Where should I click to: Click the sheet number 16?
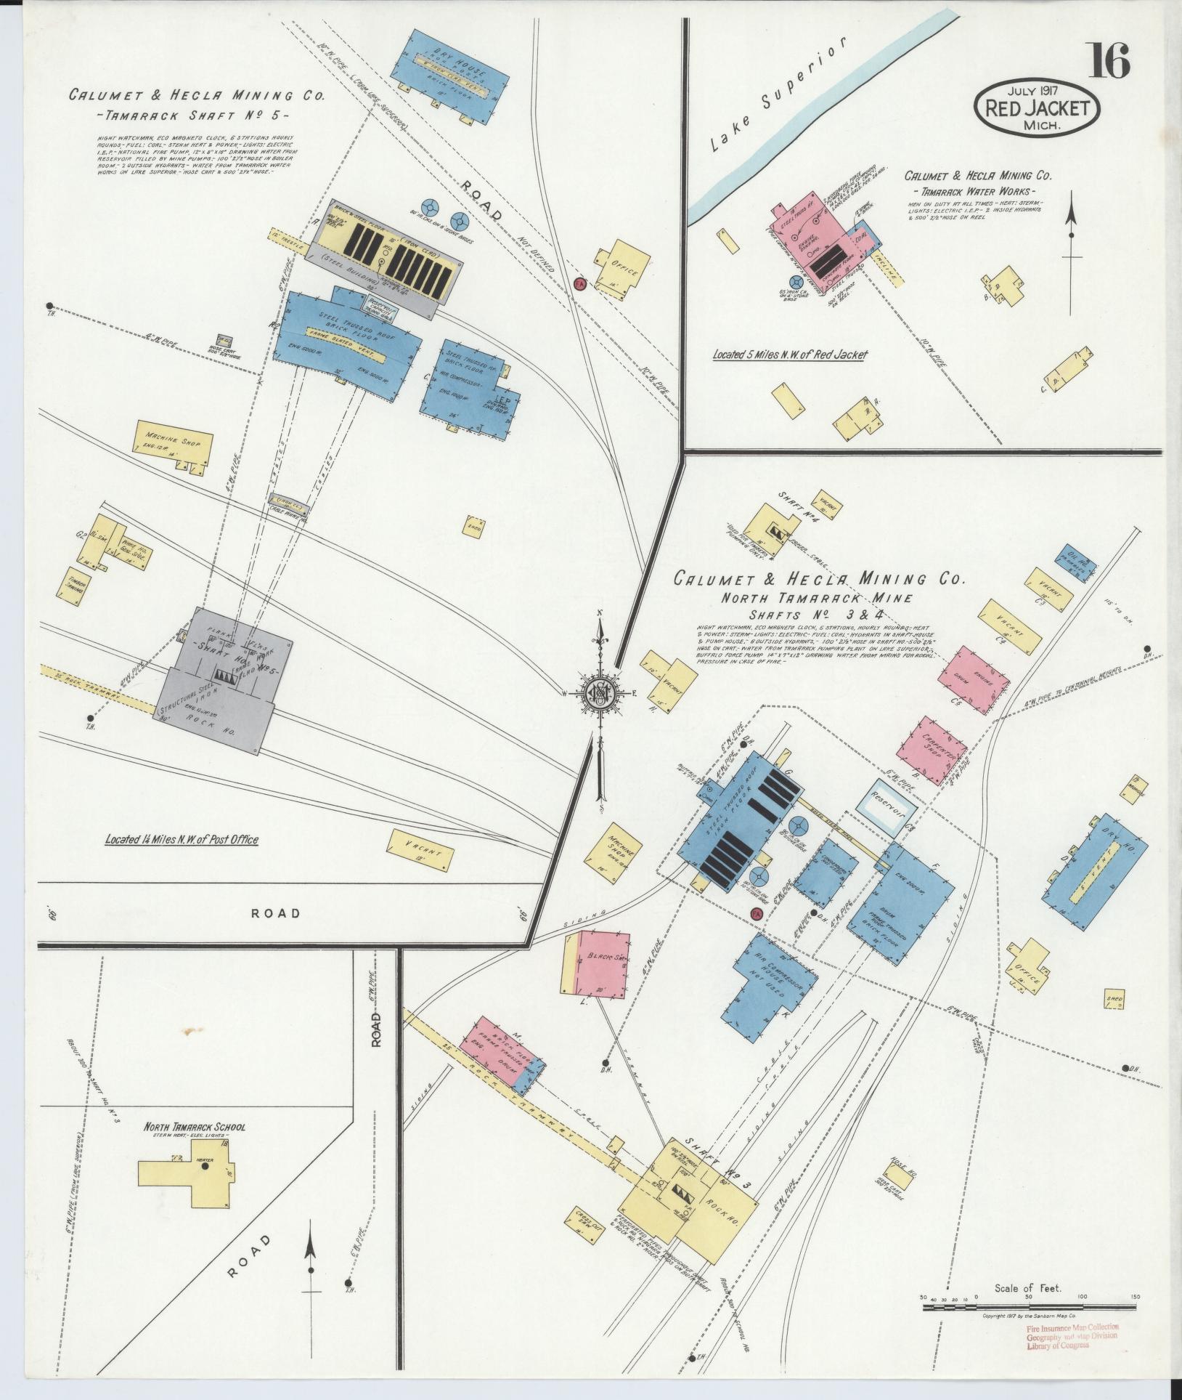click(1108, 61)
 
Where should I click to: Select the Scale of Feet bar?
click(1031, 1308)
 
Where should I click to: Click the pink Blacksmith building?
click(601, 965)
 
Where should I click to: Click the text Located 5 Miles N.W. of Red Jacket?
click(790, 355)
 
